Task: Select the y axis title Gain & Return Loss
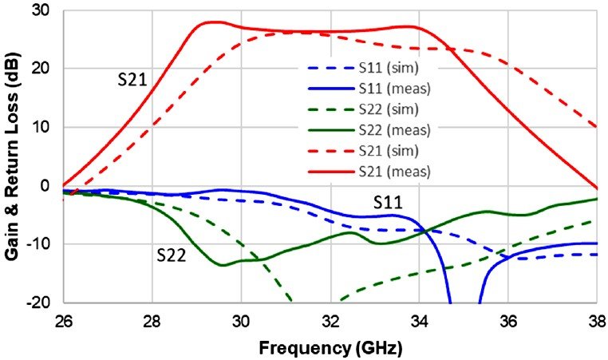[x=14, y=155]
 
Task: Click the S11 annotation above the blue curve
[x=388, y=203]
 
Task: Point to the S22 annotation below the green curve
[x=171, y=255]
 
